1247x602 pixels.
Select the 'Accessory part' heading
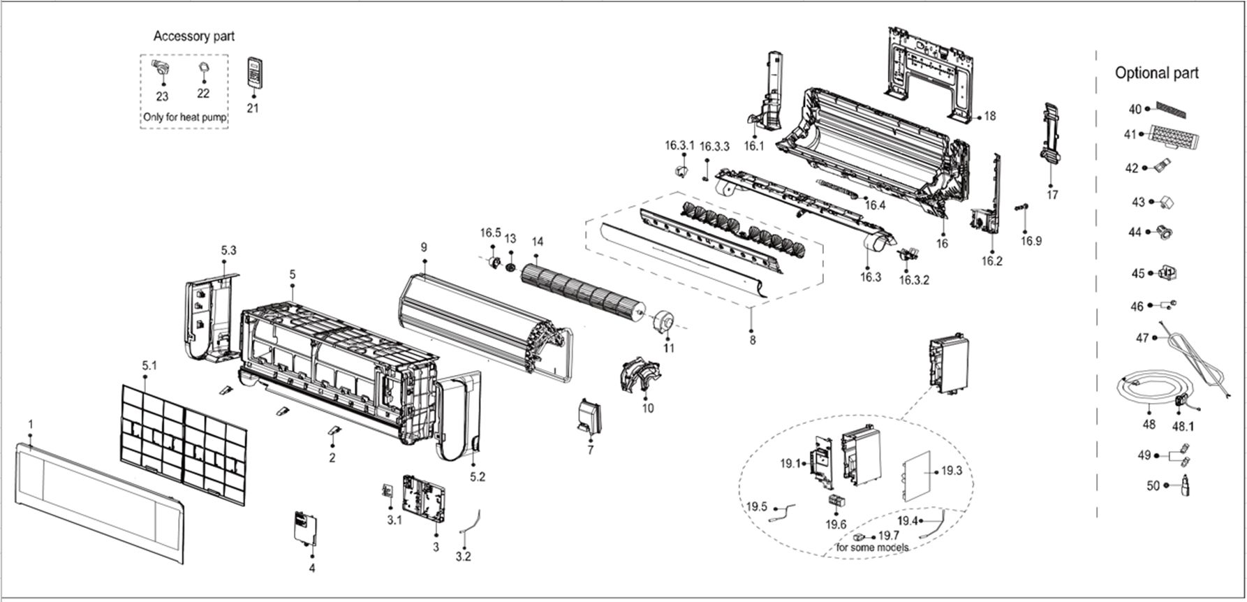pyautogui.click(x=194, y=36)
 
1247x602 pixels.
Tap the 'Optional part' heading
pyautogui.click(x=1156, y=73)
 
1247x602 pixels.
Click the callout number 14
pyautogui.click(x=537, y=242)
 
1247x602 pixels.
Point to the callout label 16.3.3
pyautogui.click(x=714, y=147)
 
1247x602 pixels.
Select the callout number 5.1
pyautogui.click(x=149, y=365)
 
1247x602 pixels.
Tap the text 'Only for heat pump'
pyautogui.click(x=185, y=117)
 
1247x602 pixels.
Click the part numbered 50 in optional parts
pyautogui.click(x=1186, y=485)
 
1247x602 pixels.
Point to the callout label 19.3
pyautogui.click(x=951, y=471)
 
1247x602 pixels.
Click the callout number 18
pyautogui.click(x=989, y=117)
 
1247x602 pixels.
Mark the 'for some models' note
pyautogui.click(x=872, y=548)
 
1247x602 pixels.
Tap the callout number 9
pyautogui.click(x=423, y=247)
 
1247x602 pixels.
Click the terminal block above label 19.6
pyautogui.click(x=836, y=502)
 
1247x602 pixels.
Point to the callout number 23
pyautogui.click(x=162, y=97)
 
